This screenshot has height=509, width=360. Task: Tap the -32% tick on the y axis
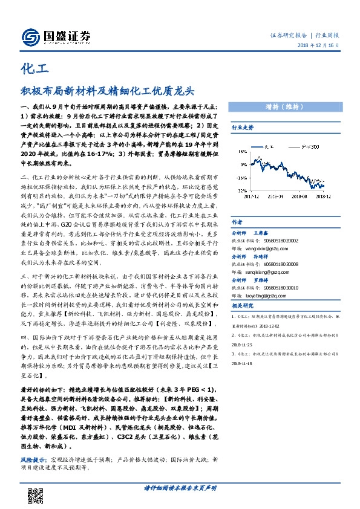tap(241, 189)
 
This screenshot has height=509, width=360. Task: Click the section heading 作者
tap(237, 222)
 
